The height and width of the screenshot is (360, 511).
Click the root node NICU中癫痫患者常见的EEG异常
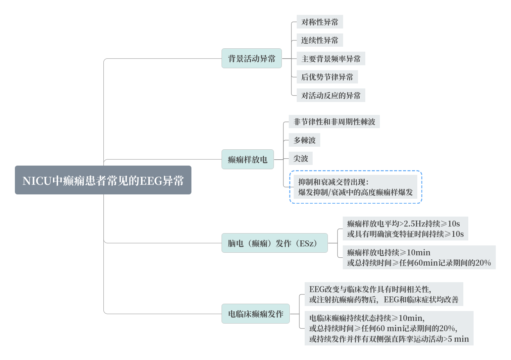click(x=103, y=180)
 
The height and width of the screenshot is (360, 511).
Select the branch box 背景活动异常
click(x=251, y=59)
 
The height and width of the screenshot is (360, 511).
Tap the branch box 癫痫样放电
click(x=247, y=159)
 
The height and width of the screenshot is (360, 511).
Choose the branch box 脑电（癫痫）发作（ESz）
click(x=274, y=243)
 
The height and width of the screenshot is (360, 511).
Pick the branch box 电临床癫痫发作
click(x=255, y=314)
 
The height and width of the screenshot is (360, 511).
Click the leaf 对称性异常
click(x=320, y=22)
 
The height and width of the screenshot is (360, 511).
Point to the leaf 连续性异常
click(x=320, y=40)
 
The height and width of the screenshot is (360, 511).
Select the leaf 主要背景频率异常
click(x=331, y=59)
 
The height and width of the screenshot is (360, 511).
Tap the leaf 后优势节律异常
click(x=327, y=77)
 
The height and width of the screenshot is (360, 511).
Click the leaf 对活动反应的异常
click(x=331, y=95)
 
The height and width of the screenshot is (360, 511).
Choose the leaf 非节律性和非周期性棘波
click(x=334, y=122)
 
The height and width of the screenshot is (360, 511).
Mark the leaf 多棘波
click(x=304, y=140)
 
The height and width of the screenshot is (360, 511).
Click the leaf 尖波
click(x=300, y=158)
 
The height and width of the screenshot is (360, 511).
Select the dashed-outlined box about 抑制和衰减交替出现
click(x=355, y=187)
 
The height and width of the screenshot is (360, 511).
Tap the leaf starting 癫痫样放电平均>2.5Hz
click(x=405, y=229)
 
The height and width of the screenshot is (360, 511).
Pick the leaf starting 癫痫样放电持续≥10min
click(x=419, y=257)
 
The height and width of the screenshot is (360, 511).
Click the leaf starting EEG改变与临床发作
click(x=383, y=294)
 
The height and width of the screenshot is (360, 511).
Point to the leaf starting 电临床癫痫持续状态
click(x=389, y=328)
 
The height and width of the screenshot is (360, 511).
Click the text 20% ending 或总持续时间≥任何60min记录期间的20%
click(x=483, y=263)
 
